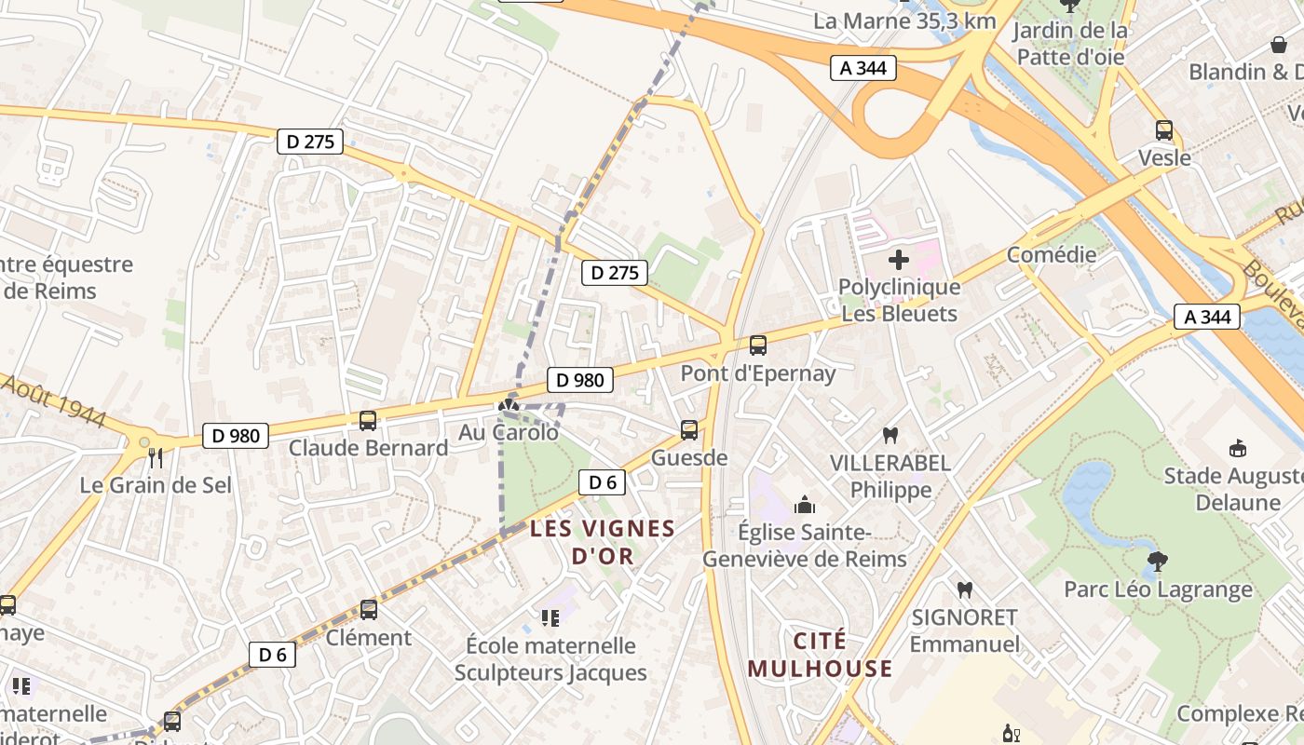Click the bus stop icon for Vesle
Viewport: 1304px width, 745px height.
pos(1164,130)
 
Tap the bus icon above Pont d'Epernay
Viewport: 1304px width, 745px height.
pos(758,345)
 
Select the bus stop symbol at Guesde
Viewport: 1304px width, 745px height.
pos(689,430)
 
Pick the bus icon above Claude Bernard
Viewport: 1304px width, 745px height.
pos(368,420)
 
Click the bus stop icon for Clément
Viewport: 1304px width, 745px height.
pos(369,610)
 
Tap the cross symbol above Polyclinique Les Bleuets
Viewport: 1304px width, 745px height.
pos(899,260)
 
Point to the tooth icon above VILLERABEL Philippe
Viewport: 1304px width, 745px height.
pos(890,435)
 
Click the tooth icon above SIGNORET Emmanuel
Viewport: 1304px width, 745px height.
pos(965,589)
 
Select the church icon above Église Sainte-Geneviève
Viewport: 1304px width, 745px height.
pos(804,506)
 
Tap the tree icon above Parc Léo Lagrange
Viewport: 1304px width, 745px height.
pos(1158,562)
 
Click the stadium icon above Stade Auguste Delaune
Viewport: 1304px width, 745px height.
pos(1238,449)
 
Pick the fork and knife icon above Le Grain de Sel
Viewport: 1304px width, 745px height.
pos(156,457)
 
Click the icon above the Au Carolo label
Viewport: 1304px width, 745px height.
pos(508,405)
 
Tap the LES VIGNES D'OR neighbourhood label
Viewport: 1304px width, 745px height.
pos(603,543)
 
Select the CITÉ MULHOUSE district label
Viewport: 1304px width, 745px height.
pos(820,655)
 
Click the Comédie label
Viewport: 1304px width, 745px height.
pos(1052,255)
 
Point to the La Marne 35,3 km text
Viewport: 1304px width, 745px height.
pos(904,20)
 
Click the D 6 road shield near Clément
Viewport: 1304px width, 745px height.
pos(272,655)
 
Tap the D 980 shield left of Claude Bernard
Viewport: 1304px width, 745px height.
pos(236,435)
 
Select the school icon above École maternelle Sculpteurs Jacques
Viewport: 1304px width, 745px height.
pos(550,617)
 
